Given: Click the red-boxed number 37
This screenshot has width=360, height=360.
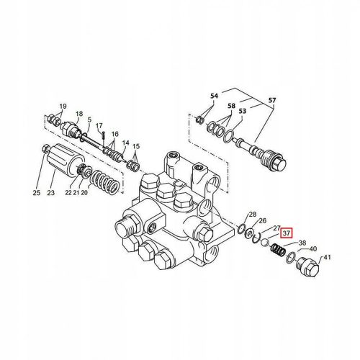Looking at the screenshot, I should [x=286, y=233].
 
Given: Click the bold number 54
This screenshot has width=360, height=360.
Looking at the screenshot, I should [x=214, y=96].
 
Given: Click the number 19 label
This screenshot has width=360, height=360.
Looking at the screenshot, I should [x=63, y=105].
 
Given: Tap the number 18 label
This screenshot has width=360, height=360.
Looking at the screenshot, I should [x=79, y=114].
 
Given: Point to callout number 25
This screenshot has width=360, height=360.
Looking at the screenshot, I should [x=36, y=192].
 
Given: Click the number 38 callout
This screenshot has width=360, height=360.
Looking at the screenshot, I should [x=302, y=243].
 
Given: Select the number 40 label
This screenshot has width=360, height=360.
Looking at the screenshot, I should [x=312, y=249].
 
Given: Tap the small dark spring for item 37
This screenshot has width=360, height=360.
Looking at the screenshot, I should [x=275, y=252].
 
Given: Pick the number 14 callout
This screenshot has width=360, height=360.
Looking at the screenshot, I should [x=126, y=144].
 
